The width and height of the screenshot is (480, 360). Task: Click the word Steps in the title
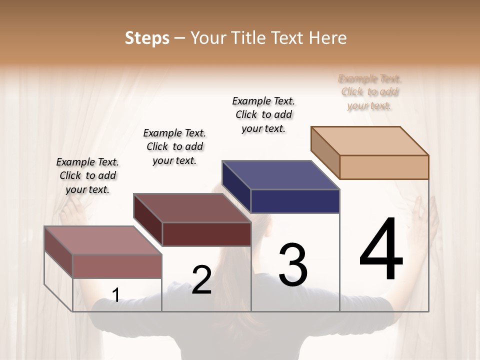click(x=147, y=38)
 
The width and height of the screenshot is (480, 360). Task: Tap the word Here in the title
click(x=328, y=38)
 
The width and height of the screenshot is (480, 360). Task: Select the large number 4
click(x=381, y=250)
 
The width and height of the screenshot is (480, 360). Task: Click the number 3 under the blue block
click(x=293, y=264)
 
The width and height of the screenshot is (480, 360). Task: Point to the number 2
click(x=201, y=280)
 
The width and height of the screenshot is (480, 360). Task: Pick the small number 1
click(x=115, y=295)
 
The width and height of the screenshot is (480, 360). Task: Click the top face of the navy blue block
click(x=280, y=175)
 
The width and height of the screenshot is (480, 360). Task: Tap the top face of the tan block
click(x=369, y=140)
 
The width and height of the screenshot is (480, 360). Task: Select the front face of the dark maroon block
click(x=206, y=234)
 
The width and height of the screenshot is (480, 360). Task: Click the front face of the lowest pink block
click(x=117, y=266)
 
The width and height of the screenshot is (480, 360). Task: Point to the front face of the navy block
click(x=295, y=201)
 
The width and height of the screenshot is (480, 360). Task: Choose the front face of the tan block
click(x=384, y=167)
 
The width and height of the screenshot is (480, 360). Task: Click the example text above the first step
click(x=87, y=175)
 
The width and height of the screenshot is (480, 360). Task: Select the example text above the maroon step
click(x=174, y=146)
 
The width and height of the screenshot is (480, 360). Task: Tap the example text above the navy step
click(x=263, y=114)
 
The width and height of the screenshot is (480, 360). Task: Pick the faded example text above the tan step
click(x=370, y=92)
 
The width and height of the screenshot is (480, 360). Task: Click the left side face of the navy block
click(x=236, y=187)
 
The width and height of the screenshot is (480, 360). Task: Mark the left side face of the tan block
click(x=325, y=153)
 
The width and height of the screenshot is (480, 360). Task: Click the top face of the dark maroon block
click(x=191, y=208)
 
